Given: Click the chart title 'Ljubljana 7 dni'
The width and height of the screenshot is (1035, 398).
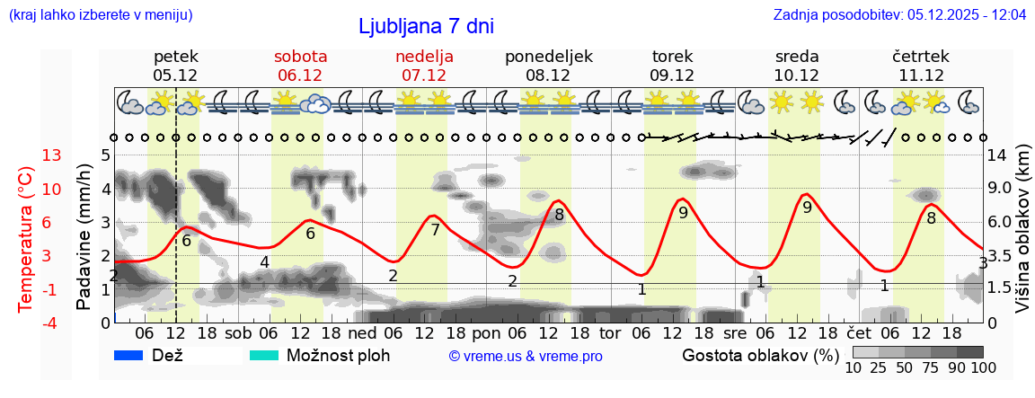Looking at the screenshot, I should pyautogui.click(x=426, y=26).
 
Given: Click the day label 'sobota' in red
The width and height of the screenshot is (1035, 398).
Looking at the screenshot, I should pyautogui.click(x=300, y=57).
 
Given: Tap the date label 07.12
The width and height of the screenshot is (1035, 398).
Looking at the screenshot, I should pyautogui.click(x=424, y=75).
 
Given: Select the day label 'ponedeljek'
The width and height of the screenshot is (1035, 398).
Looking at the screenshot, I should pyautogui.click(x=549, y=57).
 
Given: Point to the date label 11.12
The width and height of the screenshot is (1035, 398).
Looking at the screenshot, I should pyautogui.click(x=921, y=75).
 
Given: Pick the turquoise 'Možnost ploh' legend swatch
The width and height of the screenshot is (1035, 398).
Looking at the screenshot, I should pyautogui.click(x=264, y=355).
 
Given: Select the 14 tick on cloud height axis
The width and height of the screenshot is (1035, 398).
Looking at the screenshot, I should pyautogui.click(x=999, y=155).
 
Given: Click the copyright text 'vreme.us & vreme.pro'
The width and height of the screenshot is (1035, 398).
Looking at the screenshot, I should pyautogui.click(x=526, y=357).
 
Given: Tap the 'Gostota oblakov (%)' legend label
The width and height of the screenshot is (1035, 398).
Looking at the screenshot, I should pyautogui.click(x=760, y=355).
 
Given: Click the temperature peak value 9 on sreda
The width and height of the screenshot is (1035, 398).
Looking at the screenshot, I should pyautogui.click(x=807, y=208).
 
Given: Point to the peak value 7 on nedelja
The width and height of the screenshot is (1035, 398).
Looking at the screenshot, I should pyautogui.click(x=435, y=230).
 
